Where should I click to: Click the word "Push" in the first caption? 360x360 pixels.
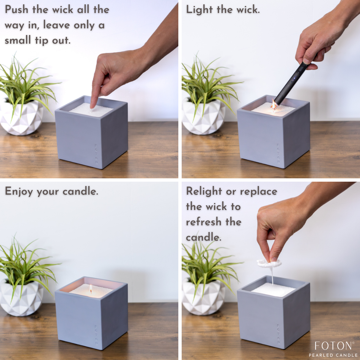point(17,10)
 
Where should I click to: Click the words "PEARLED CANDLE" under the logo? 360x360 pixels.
point(333,355)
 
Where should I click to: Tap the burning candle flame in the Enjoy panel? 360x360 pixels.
point(91,289)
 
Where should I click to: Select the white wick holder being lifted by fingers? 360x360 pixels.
point(269,264)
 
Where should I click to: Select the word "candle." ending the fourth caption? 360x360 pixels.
point(203,237)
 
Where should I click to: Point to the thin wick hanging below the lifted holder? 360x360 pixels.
point(272,276)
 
